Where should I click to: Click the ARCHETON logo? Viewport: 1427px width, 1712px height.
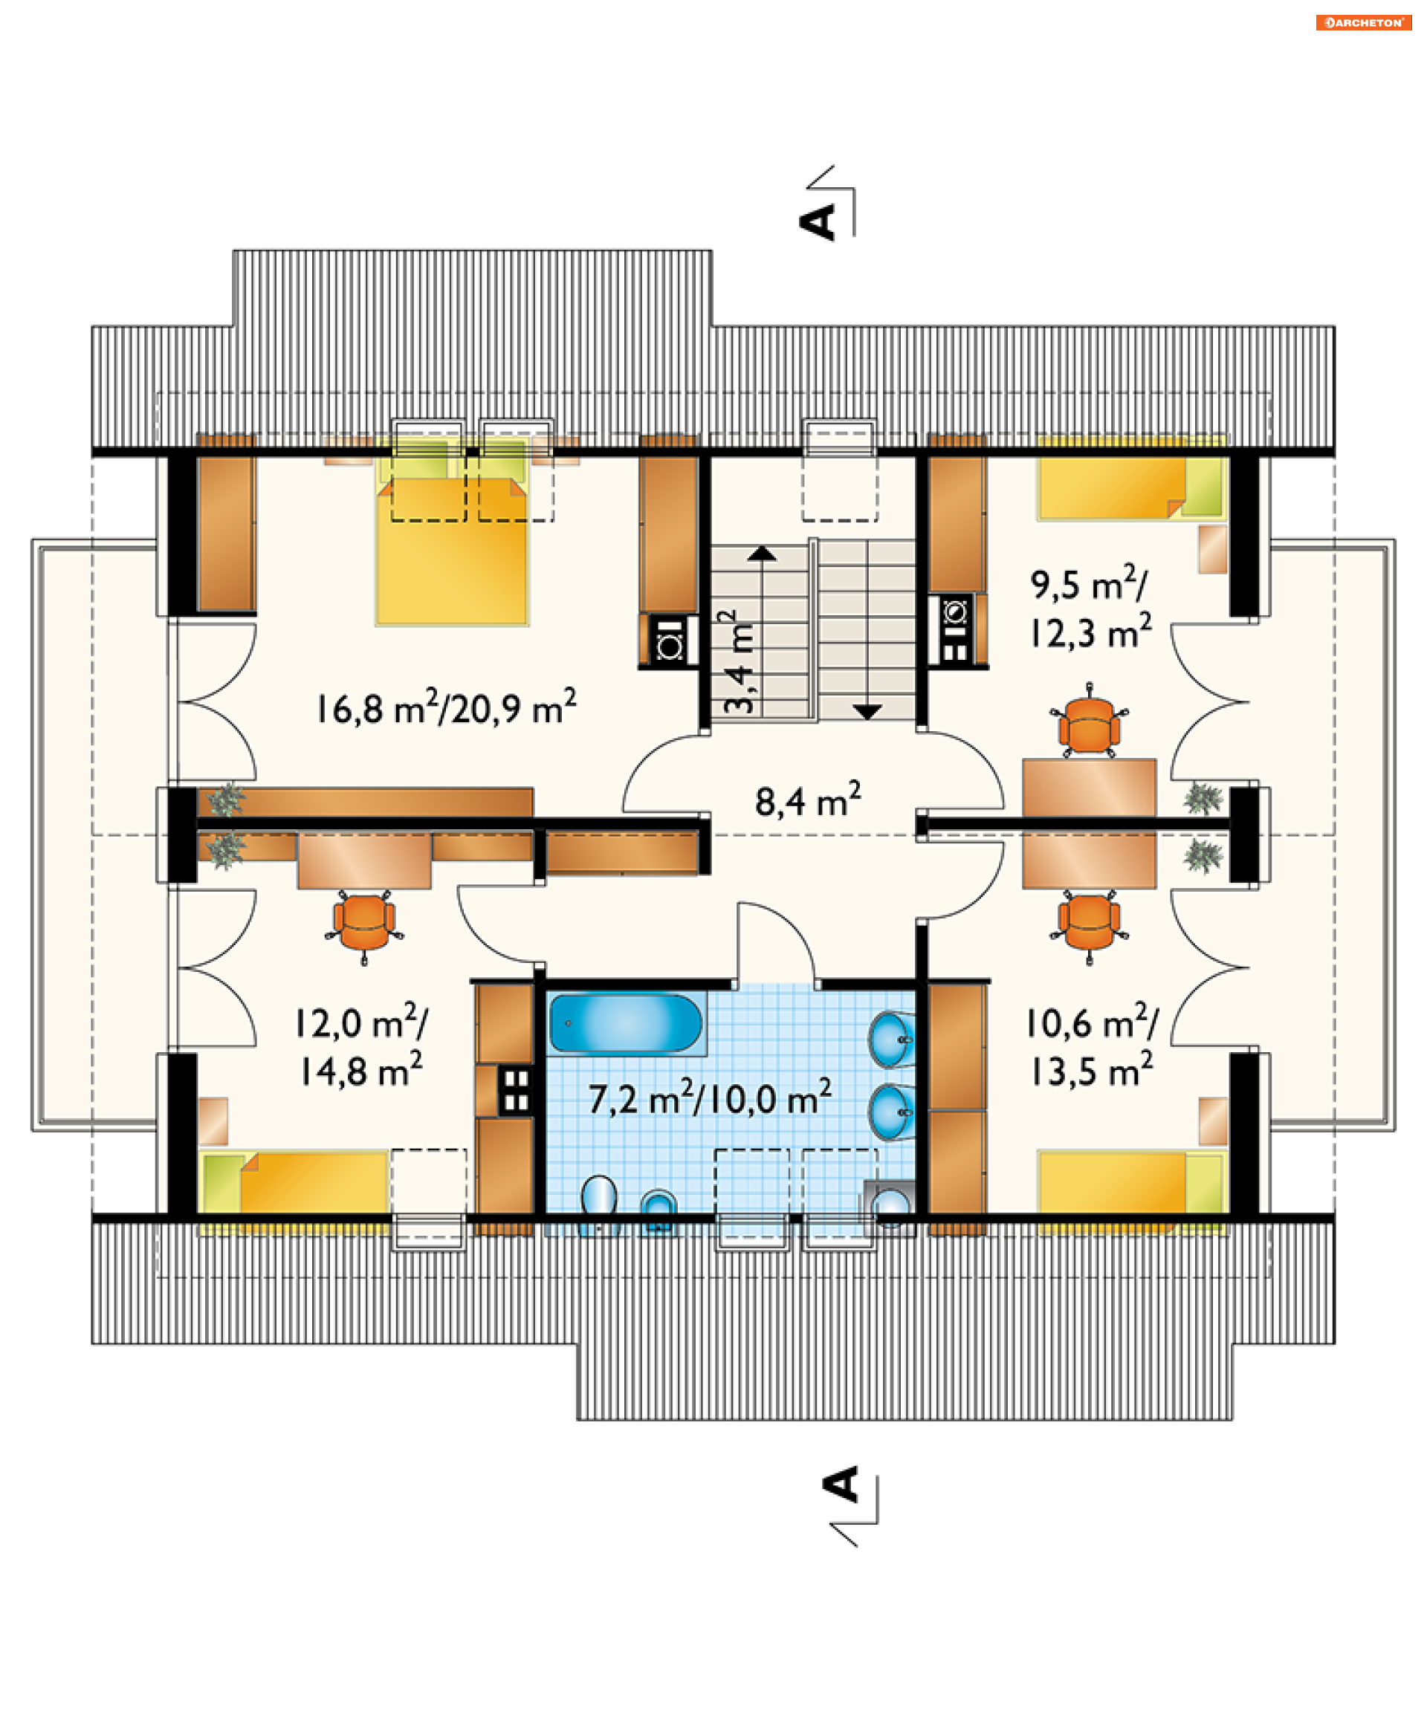(x=1362, y=22)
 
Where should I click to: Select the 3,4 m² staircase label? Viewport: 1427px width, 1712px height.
(x=739, y=662)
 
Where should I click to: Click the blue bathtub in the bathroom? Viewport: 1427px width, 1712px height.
(x=626, y=1022)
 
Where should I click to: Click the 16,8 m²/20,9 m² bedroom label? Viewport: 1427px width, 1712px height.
(x=446, y=707)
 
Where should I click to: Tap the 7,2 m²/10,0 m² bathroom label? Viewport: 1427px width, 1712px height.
(x=711, y=1097)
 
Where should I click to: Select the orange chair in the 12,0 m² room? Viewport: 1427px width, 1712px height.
(x=363, y=925)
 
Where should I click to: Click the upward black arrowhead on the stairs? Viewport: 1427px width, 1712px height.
(x=762, y=554)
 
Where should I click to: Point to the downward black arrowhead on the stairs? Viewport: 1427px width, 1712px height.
(x=867, y=712)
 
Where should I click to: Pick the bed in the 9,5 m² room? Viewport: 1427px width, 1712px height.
(x=1131, y=487)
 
